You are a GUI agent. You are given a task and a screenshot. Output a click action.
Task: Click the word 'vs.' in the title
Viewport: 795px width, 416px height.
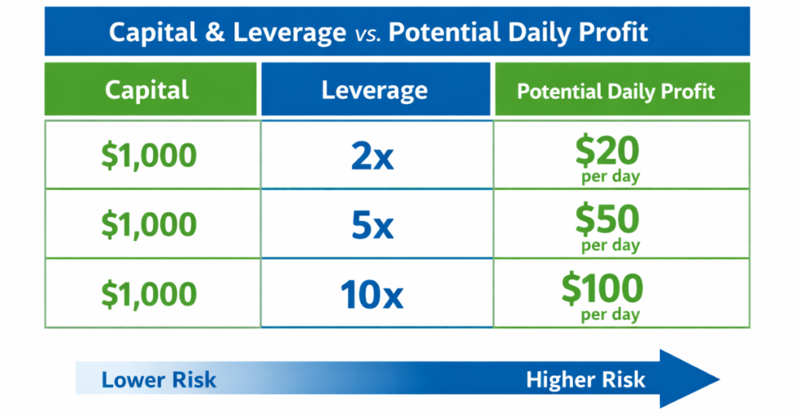click(x=367, y=33)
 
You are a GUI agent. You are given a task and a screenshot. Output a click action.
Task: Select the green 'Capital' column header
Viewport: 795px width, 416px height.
click(x=147, y=90)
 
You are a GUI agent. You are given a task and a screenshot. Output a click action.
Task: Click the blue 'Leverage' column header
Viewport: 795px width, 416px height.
click(x=375, y=90)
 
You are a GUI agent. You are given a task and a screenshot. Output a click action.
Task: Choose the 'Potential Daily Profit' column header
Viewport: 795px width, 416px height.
click(x=616, y=91)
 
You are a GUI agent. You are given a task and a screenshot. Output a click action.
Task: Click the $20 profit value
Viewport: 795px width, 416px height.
click(x=607, y=150)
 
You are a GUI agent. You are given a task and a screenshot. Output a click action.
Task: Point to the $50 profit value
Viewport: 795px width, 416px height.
click(x=607, y=219)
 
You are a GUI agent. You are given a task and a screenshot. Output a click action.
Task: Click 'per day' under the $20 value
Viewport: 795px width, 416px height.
click(x=610, y=177)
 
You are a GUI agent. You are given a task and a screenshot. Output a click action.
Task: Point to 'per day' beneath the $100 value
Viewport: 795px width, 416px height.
click(x=610, y=316)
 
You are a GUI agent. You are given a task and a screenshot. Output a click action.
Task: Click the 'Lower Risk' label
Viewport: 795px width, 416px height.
click(x=159, y=380)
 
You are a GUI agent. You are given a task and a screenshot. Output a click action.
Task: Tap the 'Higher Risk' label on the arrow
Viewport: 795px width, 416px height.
click(x=585, y=380)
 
